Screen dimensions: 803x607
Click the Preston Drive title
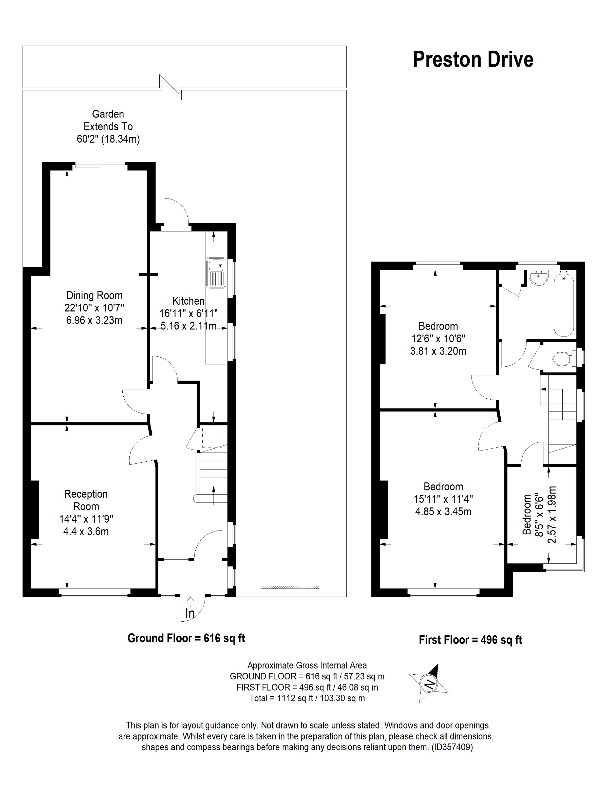pos(473,60)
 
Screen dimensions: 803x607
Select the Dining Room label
pos(94,295)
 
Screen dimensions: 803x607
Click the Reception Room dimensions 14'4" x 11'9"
pos(86,519)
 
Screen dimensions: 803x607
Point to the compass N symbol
pos(430,684)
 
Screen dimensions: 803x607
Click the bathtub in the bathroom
pos(563,305)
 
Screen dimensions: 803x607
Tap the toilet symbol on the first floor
pos(562,359)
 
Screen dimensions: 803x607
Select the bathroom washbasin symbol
pos(538,278)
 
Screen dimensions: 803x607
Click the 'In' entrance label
pos(190,613)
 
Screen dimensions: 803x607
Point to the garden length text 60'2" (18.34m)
pos(108,139)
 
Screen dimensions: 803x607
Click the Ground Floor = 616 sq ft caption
pos(186,638)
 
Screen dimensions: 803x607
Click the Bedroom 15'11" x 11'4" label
pos(443,499)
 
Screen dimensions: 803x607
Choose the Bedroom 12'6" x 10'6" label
pos(438,338)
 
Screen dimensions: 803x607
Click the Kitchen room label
pos(188,301)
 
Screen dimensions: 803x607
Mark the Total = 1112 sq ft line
pos(307,698)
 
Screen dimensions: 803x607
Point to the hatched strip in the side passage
pos(289,587)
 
